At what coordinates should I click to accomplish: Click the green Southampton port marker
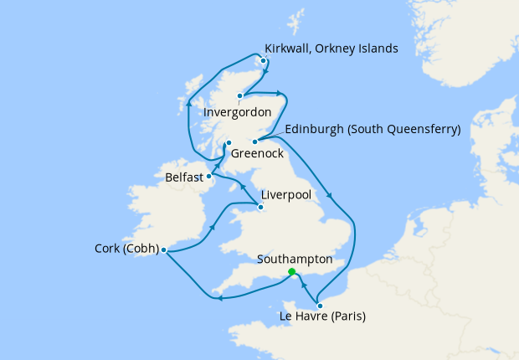click(291, 272)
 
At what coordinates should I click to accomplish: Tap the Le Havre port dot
click(320, 306)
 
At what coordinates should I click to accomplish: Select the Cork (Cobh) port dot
click(163, 249)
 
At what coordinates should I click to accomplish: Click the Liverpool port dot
click(260, 206)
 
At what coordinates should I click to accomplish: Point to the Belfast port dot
click(208, 176)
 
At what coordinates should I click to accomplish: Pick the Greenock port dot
click(228, 143)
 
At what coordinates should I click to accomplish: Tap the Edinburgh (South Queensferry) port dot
click(254, 141)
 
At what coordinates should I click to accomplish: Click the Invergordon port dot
click(239, 95)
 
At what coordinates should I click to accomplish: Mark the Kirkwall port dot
click(263, 60)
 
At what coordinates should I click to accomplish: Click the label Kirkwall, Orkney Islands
click(331, 49)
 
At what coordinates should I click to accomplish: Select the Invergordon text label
click(238, 111)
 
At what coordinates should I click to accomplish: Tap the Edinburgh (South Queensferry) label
click(373, 130)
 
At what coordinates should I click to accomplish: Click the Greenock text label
click(257, 154)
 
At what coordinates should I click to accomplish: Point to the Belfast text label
click(183, 177)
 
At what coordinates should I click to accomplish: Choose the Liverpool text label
click(286, 194)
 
